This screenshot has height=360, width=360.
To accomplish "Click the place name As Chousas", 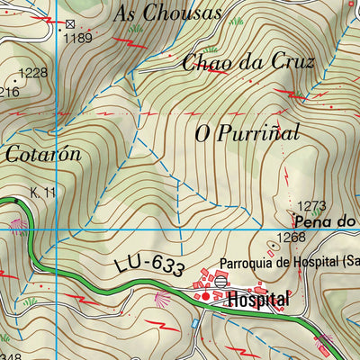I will (x=168, y=14).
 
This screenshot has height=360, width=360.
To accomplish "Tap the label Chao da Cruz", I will (x=247, y=63).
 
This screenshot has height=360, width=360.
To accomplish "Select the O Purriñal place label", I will (x=247, y=133).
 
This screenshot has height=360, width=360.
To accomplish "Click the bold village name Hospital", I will (x=258, y=299).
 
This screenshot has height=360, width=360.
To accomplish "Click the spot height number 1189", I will (x=79, y=38).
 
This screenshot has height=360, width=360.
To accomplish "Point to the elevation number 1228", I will (x=33, y=74).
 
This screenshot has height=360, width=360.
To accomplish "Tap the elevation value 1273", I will (x=311, y=206).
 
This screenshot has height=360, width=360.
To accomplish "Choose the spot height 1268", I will (x=291, y=238).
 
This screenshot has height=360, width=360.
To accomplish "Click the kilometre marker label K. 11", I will (x=42, y=193).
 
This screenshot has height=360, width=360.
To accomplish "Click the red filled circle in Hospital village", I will (x=204, y=296).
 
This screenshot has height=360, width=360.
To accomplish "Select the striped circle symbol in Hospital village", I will (x=218, y=282).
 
